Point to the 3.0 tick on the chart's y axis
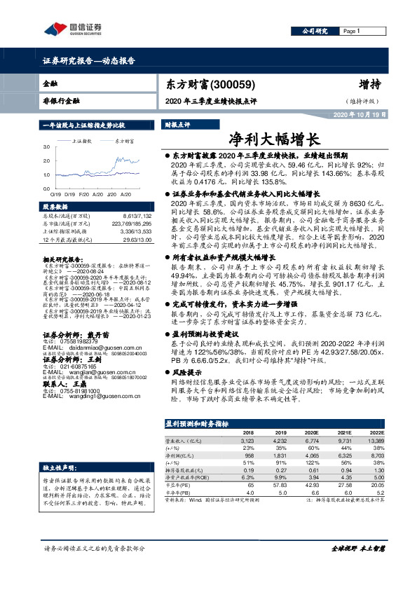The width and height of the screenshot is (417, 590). pos(47,147)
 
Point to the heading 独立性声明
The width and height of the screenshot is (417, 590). pos(58,447)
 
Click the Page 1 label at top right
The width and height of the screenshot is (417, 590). pos(351,32)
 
